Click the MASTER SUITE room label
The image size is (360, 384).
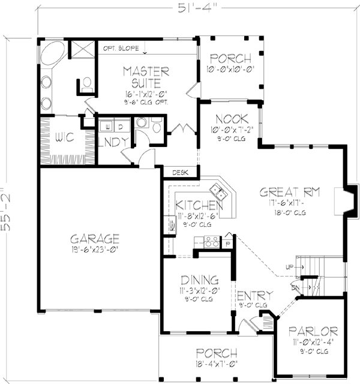147,78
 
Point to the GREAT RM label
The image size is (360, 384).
289,193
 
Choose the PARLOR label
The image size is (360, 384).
312,331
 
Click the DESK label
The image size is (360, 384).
179,172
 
